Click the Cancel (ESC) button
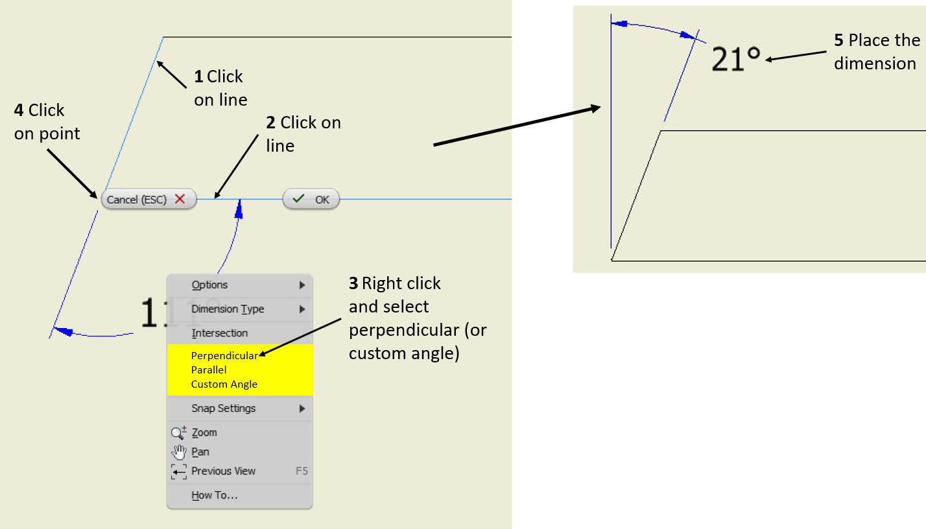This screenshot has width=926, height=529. [x=148, y=200]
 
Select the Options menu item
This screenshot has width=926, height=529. [x=209, y=285]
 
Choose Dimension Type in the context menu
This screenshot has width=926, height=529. [x=228, y=309]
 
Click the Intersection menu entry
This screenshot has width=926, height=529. [x=219, y=333]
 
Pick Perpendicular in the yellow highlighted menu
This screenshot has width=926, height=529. [x=224, y=355]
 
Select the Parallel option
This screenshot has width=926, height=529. [x=209, y=370]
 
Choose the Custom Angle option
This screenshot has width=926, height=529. [x=224, y=384]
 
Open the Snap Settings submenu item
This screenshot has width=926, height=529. [x=223, y=408]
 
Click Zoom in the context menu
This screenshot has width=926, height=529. [x=204, y=432]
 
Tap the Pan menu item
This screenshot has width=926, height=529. [x=200, y=452]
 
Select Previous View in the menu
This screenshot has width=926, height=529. [x=223, y=471]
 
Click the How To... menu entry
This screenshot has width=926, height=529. [x=214, y=495]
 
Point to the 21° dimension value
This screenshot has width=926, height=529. [x=735, y=60]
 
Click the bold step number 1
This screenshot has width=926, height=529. [x=198, y=76]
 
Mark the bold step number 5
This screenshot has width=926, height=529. [x=838, y=40]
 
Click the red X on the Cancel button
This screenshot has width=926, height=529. [x=180, y=200]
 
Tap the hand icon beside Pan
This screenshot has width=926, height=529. [x=178, y=452]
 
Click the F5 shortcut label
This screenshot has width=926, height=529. [x=302, y=471]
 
